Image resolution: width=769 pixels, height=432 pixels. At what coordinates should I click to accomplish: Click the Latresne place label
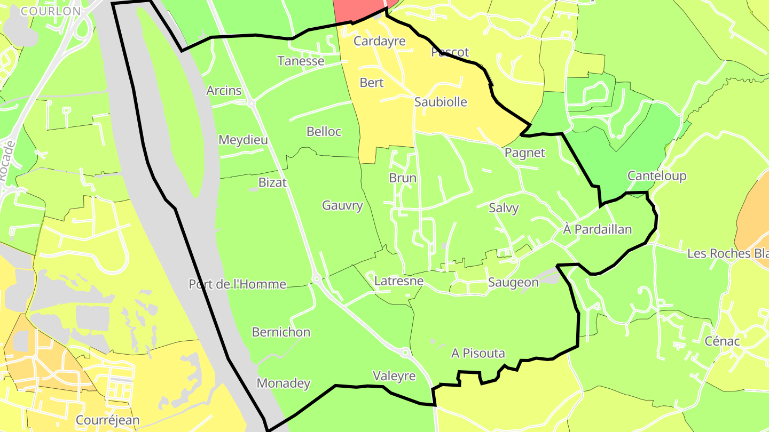coord(399,281)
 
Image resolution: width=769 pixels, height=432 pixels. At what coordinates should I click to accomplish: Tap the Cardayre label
coord(380,41)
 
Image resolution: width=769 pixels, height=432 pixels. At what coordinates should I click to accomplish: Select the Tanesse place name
coord(301,61)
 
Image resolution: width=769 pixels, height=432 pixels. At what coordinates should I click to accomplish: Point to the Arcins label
coord(224,91)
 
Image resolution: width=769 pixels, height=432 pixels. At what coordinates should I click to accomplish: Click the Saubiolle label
coord(441,102)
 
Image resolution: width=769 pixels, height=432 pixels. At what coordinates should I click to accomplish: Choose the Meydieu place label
coord(243,140)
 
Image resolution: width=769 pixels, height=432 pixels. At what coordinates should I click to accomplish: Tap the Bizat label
coord(272,182)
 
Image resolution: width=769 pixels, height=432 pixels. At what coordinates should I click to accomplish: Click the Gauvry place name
coord(342,205)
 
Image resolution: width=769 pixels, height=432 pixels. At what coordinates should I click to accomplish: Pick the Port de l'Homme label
coord(237,284)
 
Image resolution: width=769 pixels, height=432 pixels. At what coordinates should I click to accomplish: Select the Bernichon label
coord(281,332)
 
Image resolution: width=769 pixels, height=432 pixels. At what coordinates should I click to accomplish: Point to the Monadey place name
coord(284,383)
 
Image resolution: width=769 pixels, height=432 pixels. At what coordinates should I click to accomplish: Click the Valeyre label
coord(394,376)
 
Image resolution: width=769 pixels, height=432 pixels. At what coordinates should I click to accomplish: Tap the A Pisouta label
coord(478,353)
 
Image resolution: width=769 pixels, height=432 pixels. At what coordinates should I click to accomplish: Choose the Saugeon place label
coord(513,283)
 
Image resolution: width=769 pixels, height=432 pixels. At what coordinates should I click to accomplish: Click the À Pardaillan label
coord(598,229)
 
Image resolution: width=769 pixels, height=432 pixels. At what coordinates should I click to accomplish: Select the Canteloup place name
coord(657,176)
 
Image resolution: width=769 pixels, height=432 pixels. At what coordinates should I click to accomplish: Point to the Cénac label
coord(722,341)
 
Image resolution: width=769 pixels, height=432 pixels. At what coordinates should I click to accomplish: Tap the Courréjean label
coord(107,420)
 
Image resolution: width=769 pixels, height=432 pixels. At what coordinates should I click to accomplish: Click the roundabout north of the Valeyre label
coord(405,352)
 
